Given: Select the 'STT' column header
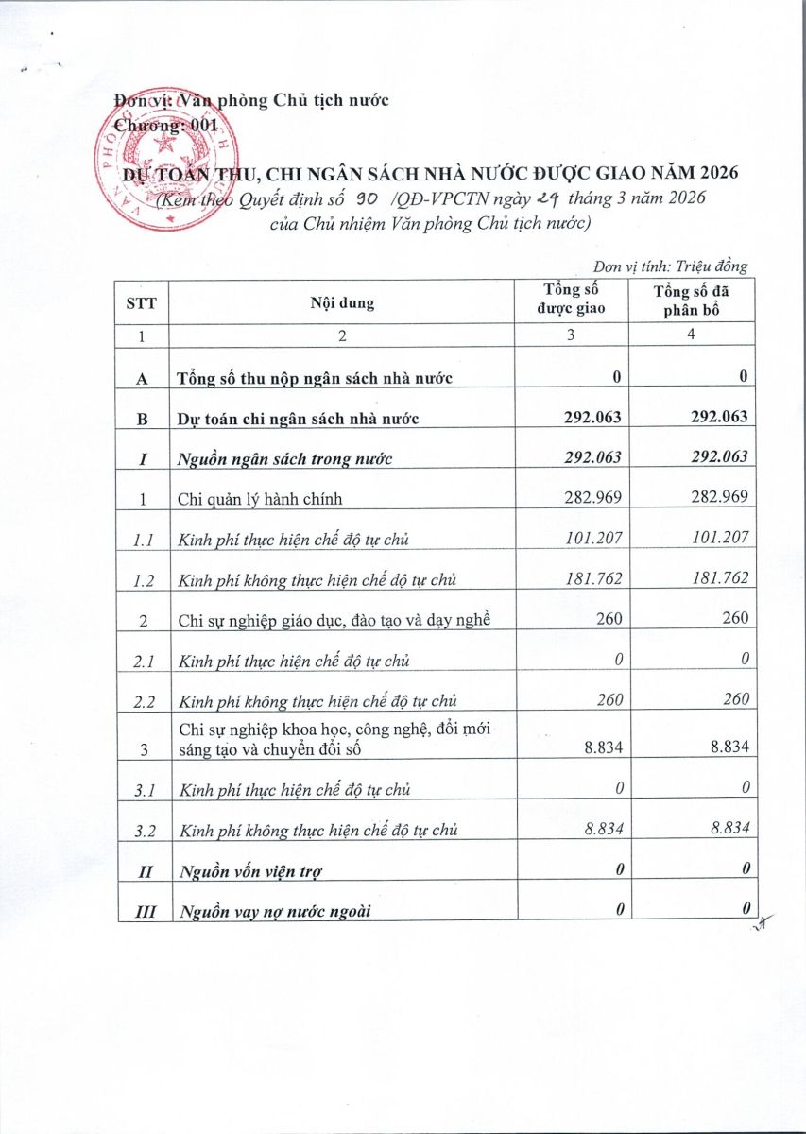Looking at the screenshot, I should coord(142,303).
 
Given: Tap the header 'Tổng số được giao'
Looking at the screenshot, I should coord(573,300).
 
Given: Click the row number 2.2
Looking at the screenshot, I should coord(144,699).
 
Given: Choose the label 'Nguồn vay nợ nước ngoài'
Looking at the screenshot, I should coord(275,910).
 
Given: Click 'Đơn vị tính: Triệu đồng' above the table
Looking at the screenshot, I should coord(671,266).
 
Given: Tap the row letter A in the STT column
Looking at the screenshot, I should coord(143,378).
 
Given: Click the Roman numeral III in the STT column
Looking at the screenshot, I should coord(143,910).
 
